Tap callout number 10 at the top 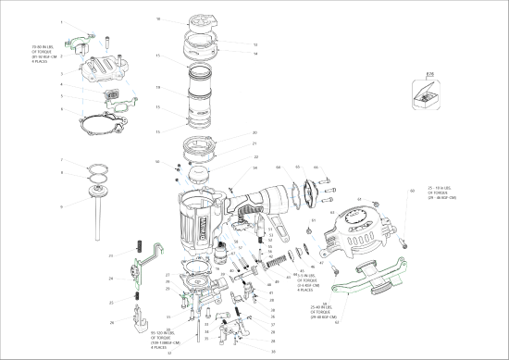pyautogui.click(x=158, y=19)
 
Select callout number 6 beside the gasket pyautogui.click(x=61, y=108)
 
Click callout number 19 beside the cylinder pyautogui.click(x=158, y=87)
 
